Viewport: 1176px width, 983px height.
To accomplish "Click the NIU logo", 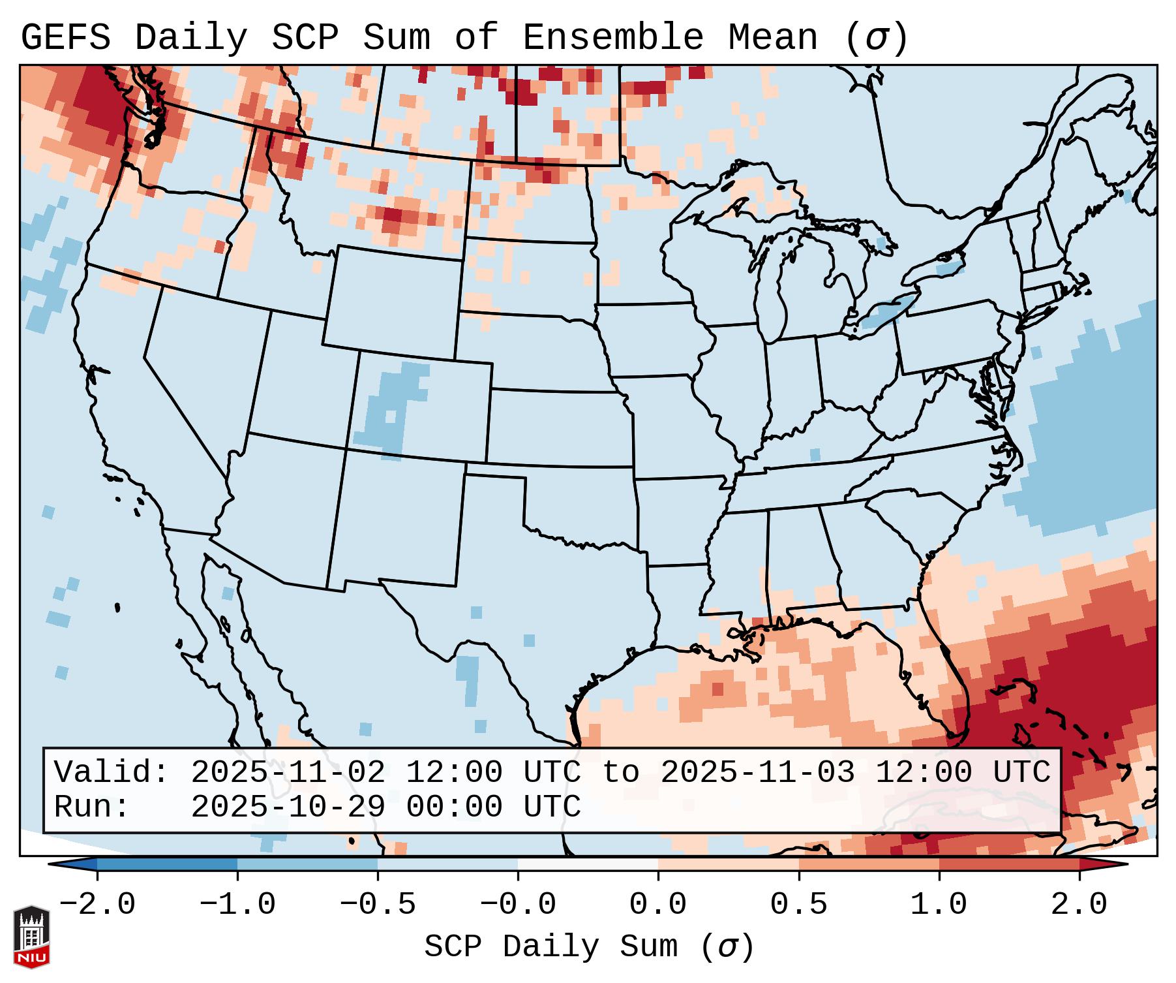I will pyautogui.click(x=31, y=936).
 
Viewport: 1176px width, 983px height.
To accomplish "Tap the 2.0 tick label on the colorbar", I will pyautogui.click(x=1079, y=905).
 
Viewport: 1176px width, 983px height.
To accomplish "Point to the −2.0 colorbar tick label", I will pyautogui.click(x=97, y=905).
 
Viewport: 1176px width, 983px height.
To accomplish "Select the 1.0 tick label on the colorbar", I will pyautogui.click(x=939, y=905).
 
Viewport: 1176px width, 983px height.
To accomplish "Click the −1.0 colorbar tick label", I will pyautogui.click(x=237, y=905).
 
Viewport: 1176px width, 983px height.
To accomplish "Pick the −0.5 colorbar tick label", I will pyautogui.click(x=378, y=905).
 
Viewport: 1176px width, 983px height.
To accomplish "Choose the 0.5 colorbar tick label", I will pyautogui.click(x=798, y=905).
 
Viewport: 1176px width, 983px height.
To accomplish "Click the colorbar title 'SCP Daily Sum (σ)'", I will pyautogui.click(x=588, y=947).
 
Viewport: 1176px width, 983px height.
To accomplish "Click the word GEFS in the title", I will pyautogui.click(x=65, y=37).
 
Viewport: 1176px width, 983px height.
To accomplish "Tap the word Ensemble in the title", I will pyautogui.click(x=613, y=37).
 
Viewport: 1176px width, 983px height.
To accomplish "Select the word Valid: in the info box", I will pyautogui.click(x=112, y=772).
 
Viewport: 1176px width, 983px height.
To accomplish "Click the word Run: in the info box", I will pyautogui.click(x=92, y=807).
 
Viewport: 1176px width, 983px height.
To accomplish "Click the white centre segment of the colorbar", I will pyautogui.click(x=588, y=864).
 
